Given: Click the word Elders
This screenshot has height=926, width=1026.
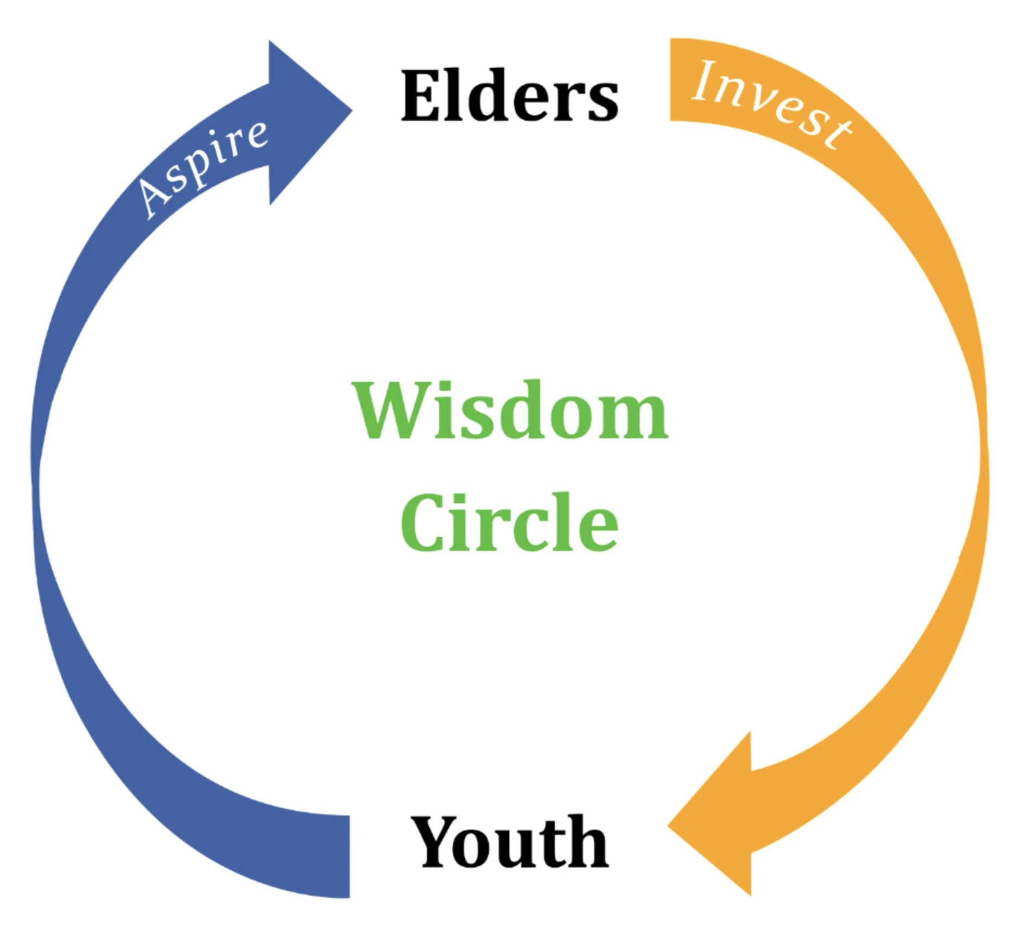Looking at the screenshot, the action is (509, 96).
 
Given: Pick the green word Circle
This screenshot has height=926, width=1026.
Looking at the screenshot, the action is (509, 522).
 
